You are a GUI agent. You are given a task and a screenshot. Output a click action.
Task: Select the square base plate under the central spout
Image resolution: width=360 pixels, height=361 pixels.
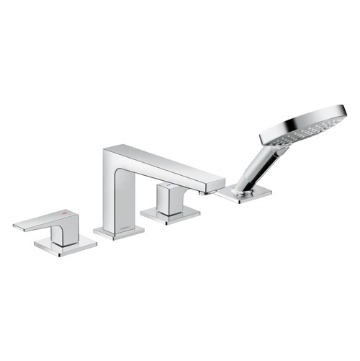tap(119, 232)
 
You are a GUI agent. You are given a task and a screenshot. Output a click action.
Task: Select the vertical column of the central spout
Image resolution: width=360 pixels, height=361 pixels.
tap(117, 195)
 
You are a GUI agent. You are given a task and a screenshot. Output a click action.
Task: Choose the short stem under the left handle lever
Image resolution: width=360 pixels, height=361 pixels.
tap(64, 235)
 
